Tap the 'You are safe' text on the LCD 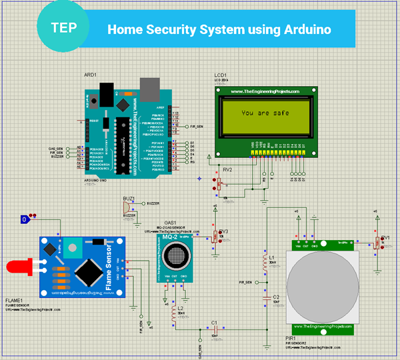(x=265, y=113)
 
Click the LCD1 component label (x=221, y=75)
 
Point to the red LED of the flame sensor (x=17, y=267)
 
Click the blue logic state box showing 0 (x=25, y=219)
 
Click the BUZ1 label (x=129, y=199)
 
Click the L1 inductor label (x=271, y=257)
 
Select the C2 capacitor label (x=276, y=297)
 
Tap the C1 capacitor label (x=214, y=322)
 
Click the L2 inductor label (x=181, y=309)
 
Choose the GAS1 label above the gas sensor (x=169, y=223)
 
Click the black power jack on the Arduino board (x=103, y=94)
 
